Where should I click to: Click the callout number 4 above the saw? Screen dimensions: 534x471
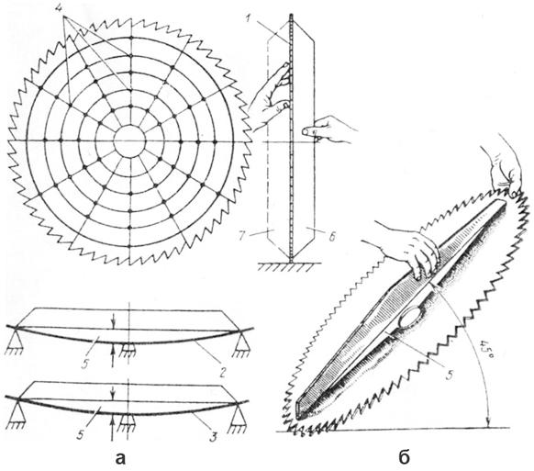click(x=61, y=9)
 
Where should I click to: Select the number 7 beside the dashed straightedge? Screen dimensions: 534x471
click(x=242, y=236)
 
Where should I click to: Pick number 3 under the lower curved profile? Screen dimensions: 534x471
click(x=213, y=436)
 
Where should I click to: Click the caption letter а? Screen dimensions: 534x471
click(x=120, y=458)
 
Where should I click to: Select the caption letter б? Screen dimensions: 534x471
click(x=404, y=457)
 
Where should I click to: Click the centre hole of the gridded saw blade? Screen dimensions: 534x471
click(x=129, y=140)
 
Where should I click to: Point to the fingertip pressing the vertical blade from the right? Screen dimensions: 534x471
click(x=306, y=131)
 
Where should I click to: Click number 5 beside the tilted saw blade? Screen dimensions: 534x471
click(x=450, y=375)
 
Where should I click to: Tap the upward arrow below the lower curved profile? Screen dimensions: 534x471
click(x=113, y=425)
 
